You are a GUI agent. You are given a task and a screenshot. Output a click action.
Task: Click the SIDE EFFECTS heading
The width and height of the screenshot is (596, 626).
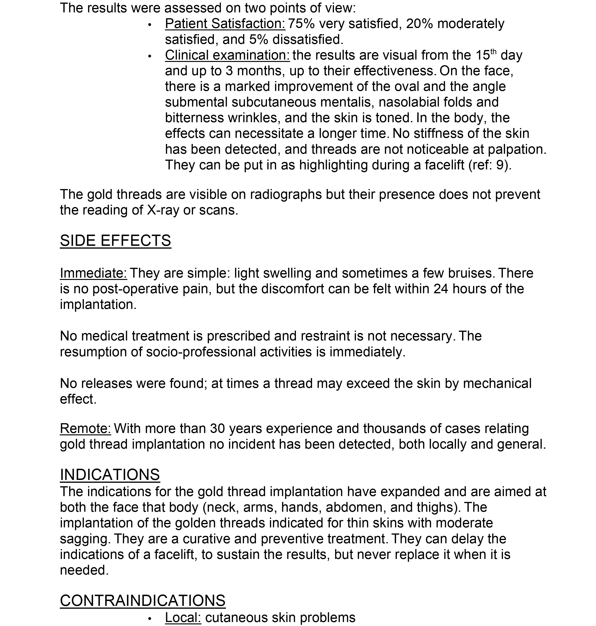(115, 240)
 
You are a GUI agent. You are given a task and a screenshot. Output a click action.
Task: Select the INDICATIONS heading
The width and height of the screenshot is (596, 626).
(110, 475)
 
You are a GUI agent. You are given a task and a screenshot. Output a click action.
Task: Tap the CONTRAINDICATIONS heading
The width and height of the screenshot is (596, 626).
(143, 601)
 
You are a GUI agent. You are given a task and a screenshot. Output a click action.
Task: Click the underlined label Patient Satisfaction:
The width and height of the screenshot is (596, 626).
(225, 24)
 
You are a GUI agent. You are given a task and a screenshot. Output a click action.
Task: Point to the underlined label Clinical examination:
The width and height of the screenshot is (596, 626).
(227, 55)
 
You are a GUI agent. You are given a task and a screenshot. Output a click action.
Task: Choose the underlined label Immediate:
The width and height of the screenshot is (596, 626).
(93, 273)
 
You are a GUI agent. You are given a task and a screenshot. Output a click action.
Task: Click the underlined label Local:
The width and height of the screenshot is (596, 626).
(183, 617)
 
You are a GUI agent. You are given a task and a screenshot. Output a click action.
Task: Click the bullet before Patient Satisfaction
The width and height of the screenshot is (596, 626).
(150, 25)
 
